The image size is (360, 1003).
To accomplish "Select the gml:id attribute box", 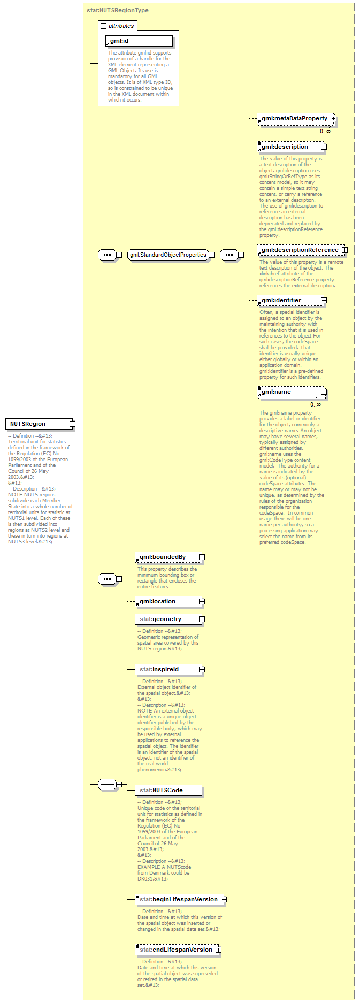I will click(x=139, y=41).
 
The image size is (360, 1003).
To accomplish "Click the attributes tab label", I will click(x=121, y=26).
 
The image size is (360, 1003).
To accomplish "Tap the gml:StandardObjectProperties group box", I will click(x=168, y=255).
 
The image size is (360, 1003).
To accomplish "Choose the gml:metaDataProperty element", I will click(x=294, y=118).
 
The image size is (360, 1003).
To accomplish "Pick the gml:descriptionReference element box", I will click(x=300, y=250).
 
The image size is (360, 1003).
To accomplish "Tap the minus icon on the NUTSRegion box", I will click(x=72, y=424).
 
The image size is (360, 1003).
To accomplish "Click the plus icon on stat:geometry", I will click(x=202, y=619).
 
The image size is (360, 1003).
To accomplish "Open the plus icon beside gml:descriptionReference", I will click(x=344, y=250).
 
